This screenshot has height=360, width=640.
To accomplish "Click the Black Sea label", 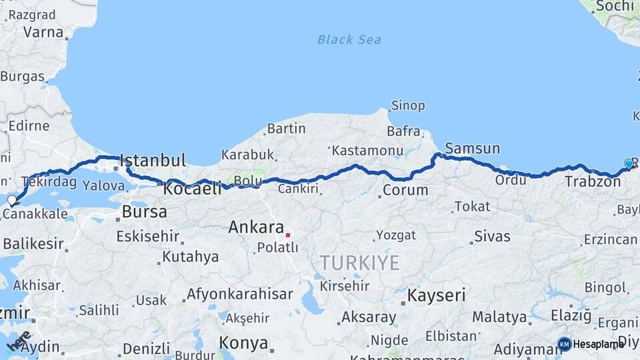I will pyautogui.click(x=349, y=39).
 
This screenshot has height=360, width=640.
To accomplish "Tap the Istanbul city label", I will pyautogui.click(x=153, y=160).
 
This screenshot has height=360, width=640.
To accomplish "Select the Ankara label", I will pyautogui.click(x=256, y=227).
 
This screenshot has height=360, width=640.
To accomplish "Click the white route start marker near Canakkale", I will pyautogui.click(x=11, y=199).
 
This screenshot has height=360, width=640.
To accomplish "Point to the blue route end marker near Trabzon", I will pyautogui.click(x=629, y=163).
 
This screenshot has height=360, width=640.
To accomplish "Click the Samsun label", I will pyautogui.click(x=472, y=148).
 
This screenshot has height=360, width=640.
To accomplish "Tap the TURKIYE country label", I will pyautogui.click(x=359, y=262).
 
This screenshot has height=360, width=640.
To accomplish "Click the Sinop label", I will pyautogui.click(x=408, y=105).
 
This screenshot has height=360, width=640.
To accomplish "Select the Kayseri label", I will pyautogui.click(x=437, y=295).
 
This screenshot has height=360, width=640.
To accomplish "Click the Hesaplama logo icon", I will pyautogui.click(x=565, y=344).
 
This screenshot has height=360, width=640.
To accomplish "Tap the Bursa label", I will pyautogui.click(x=145, y=212).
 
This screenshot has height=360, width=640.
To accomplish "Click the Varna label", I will pyautogui.click(x=43, y=31).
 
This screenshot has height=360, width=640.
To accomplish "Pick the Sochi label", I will pyautogui.click(x=615, y=6).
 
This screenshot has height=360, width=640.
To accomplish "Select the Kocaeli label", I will pyautogui.click(x=192, y=189).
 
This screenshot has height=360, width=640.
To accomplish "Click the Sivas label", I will pyautogui.click(x=492, y=236).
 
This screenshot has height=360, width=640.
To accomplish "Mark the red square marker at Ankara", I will pyautogui.click(x=287, y=235).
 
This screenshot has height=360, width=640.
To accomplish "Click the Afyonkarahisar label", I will pyautogui.click(x=239, y=293).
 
